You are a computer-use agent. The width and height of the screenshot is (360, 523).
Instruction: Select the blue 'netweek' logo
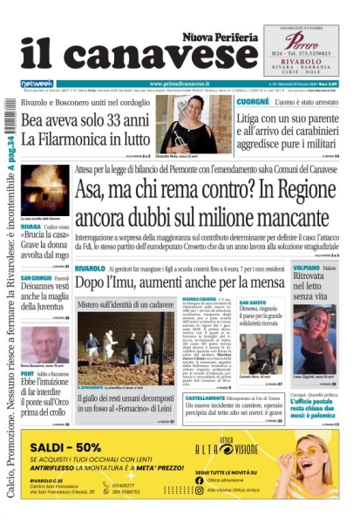(37, 84)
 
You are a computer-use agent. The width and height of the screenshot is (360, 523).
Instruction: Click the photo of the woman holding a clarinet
(188, 123)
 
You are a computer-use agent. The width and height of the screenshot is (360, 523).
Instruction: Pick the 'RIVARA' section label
(31, 226)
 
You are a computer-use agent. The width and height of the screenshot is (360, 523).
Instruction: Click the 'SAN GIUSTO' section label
(252, 302)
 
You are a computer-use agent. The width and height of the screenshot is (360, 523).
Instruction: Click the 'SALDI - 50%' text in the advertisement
(73, 447)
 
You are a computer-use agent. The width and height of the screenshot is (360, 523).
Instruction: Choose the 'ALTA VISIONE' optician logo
(254, 448)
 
